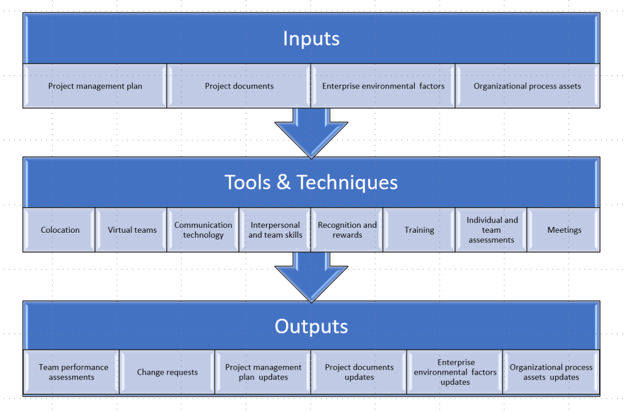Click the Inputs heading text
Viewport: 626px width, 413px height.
pyautogui.click(x=311, y=38)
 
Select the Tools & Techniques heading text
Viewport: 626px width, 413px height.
pyautogui.click(x=311, y=182)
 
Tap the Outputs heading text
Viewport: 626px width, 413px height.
pyautogui.click(x=311, y=326)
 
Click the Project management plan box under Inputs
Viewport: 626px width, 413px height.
pyautogui.click(x=95, y=86)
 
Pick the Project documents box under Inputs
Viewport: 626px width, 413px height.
pyautogui.click(x=239, y=86)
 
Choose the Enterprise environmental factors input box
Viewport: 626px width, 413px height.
pyautogui.click(x=383, y=86)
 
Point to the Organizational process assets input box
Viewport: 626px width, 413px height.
pyautogui.click(x=527, y=86)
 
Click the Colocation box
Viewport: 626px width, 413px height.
pyautogui.click(x=60, y=230)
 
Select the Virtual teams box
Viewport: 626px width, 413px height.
pyautogui.click(x=132, y=230)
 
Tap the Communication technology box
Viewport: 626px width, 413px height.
pyautogui.click(x=204, y=230)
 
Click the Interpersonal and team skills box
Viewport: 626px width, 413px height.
pyautogui.click(x=275, y=230)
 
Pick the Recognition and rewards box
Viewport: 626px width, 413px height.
pyautogui.click(x=347, y=230)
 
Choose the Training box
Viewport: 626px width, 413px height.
pyautogui.click(x=419, y=230)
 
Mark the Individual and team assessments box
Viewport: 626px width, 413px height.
pyautogui.click(x=492, y=230)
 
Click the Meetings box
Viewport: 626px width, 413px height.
pyautogui.click(x=564, y=230)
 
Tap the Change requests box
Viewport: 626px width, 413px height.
pyautogui.click(x=168, y=372)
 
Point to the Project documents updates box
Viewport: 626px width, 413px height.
pyautogui.click(x=359, y=372)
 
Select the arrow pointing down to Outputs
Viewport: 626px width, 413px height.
pyautogui.click(x=311, y=276)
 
